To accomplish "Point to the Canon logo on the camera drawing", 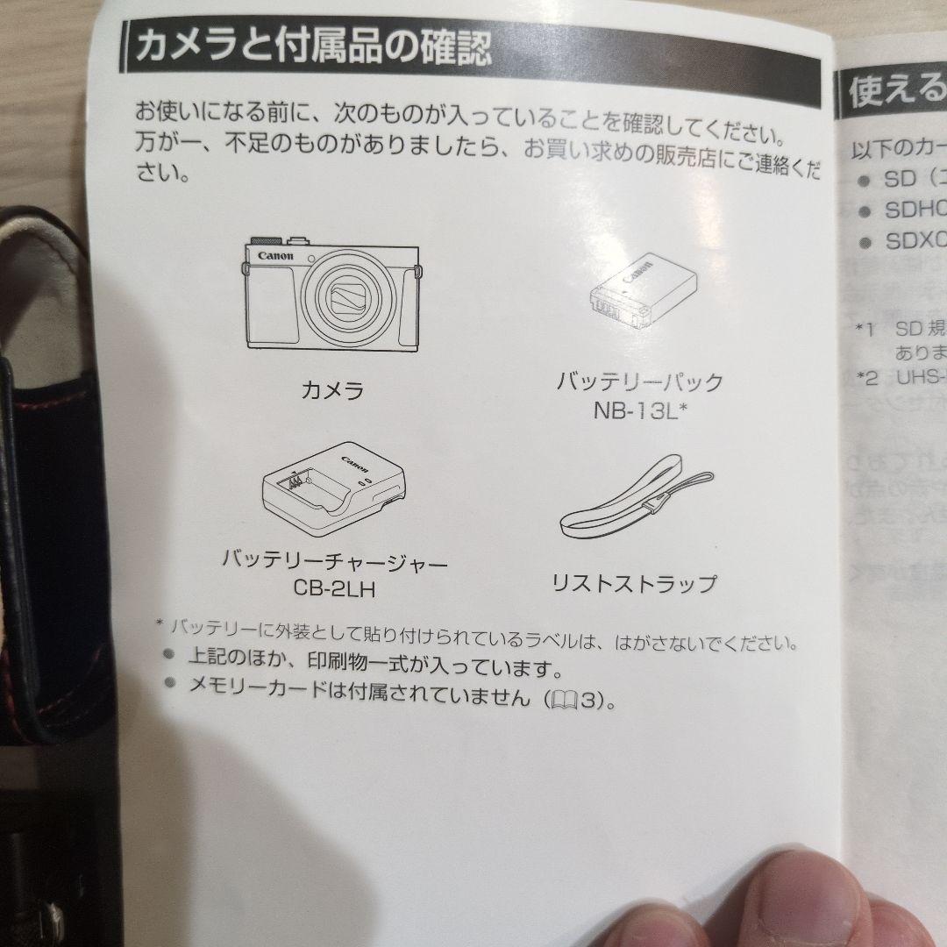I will coord(275,255).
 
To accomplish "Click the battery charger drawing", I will coord(333,496).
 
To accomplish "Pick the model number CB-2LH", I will coord(332,588).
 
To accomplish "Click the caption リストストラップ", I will coord(633,583).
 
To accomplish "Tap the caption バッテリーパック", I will coord(639,382).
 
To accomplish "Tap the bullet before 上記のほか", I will coord(168,653).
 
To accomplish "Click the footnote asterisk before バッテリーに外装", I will coord(160,624).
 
